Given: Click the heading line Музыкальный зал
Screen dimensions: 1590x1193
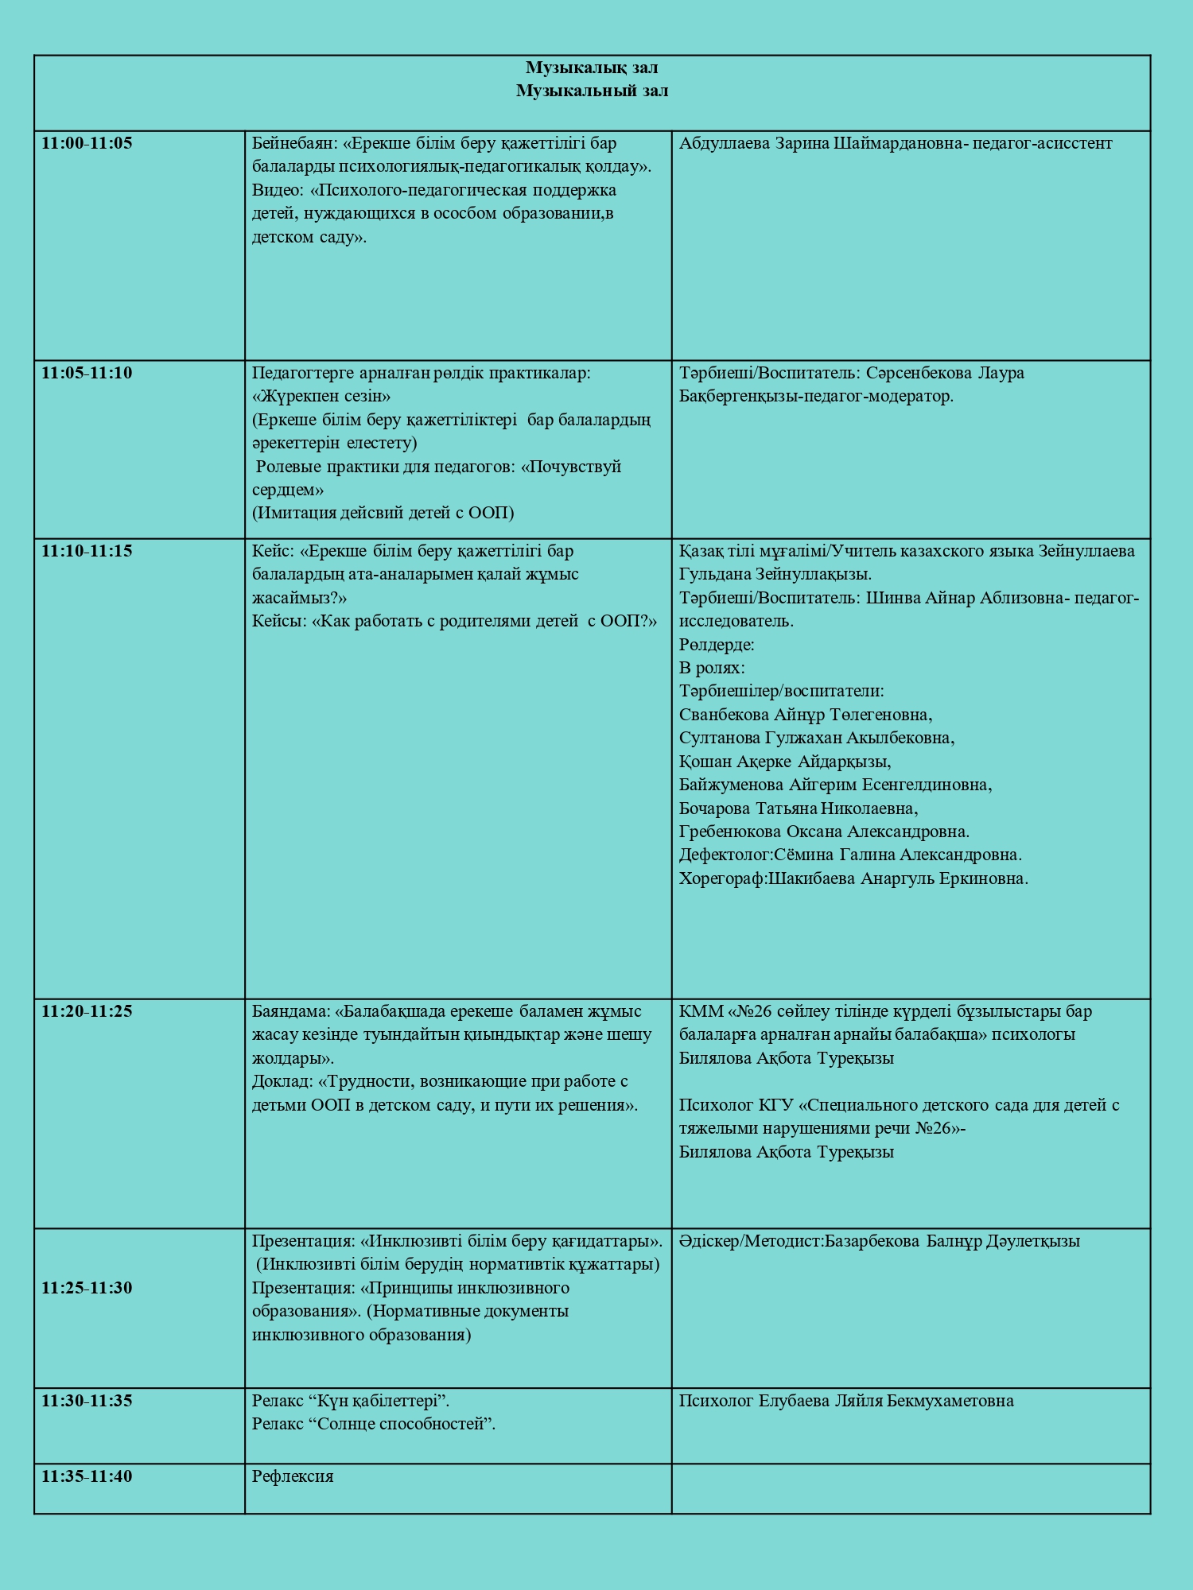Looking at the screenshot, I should pos(592,91).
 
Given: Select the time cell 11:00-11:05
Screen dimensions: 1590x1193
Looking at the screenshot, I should pos(87,143).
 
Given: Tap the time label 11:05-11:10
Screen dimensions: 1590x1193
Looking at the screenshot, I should pos(87,373).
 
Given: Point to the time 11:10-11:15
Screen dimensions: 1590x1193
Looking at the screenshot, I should pos(87,551).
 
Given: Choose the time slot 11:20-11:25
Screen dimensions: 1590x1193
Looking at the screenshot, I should pos(87,1011).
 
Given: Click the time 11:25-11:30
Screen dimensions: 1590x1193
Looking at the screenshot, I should pos(87,1288).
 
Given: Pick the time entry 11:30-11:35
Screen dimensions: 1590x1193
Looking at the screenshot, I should pos(87,1401).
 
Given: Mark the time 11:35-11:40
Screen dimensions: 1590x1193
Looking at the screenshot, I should pos(87,1476).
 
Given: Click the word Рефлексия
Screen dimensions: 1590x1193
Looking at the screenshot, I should pos(293,1476).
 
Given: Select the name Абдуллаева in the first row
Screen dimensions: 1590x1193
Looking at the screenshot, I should pos(725,143).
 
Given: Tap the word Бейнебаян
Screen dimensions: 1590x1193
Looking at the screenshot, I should pos(293,143).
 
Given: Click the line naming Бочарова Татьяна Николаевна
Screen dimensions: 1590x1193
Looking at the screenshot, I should pos(798,809).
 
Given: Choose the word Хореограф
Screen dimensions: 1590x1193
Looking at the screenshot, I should pos(722,879).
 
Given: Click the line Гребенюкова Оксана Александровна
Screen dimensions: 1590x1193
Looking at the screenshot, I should pos(824,832).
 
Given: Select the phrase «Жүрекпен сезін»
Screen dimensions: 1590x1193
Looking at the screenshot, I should pos(321,396).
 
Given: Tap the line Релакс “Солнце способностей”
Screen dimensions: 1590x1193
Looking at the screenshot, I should pos(374,1424).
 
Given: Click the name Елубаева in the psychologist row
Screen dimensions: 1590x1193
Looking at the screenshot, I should pos(793,1401).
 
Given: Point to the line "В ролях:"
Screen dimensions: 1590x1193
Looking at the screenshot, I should pos(712,668).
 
